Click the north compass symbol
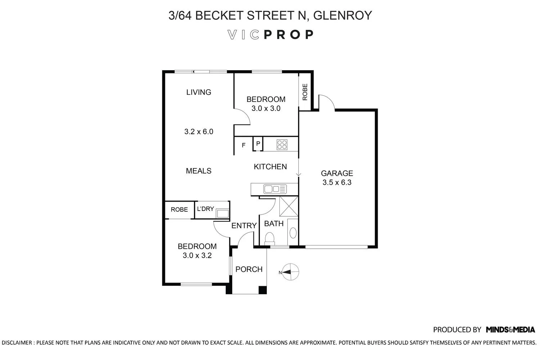(x=290, y=272)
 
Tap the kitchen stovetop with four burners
(x=282, y=145)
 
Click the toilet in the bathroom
(x=269, y=238)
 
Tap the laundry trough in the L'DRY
(x=222, y=214)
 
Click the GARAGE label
(x=337, y=173)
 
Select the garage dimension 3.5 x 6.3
(x=337, y=183)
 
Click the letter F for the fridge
(x=244, y=145)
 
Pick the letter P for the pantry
(x=258, y=144)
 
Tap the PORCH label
(x=249, y=269)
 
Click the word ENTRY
(x=244, y=226)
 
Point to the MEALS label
(x=198, y=171)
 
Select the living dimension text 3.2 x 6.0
(x=199, y=132)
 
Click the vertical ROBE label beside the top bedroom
(x=305, y=92)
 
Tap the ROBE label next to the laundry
(x=179, y=210)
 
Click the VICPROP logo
(x=270, y=35)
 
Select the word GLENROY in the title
(x=343, y=15)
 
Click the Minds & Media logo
(x=510, y=329)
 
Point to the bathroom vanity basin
(x=293, y=232)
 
